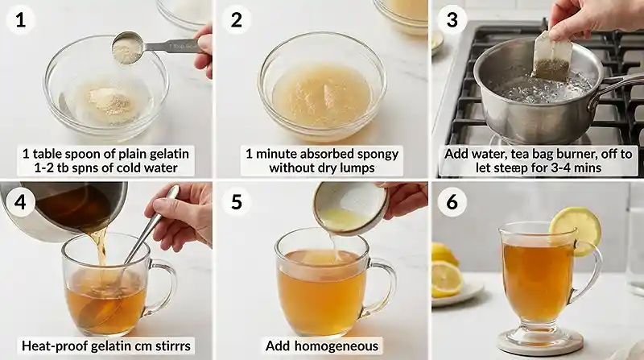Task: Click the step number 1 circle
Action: pos(20,20)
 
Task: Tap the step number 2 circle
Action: pos(236,20)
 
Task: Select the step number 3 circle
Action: pos(452,20)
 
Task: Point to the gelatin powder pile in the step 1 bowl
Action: pos(109,103)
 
